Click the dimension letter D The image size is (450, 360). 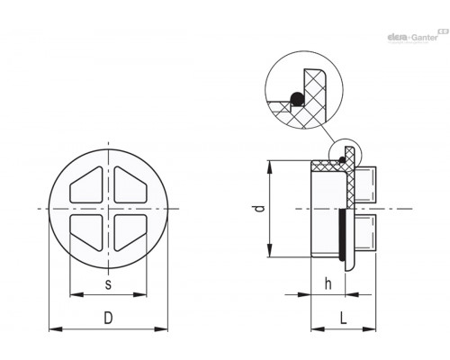(108, 318)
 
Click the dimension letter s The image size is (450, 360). (108, 283)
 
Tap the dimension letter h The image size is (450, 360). (328, 283)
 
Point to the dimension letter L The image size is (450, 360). (344, 318)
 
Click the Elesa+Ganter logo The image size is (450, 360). (418, 37)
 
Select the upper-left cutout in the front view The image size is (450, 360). (86, 184)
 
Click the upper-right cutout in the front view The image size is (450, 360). (130, 184)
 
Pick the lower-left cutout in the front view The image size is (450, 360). (86, 232)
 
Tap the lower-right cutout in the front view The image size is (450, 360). (130, 232)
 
